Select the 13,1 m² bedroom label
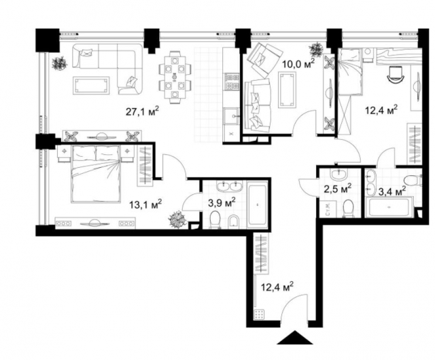click(145, 202)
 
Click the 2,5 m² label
click(337, 187)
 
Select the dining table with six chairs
click(175, 75)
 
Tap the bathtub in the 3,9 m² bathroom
click(257, 203)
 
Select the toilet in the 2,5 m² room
click(348, 208)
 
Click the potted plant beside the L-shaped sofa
click(58, 62)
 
